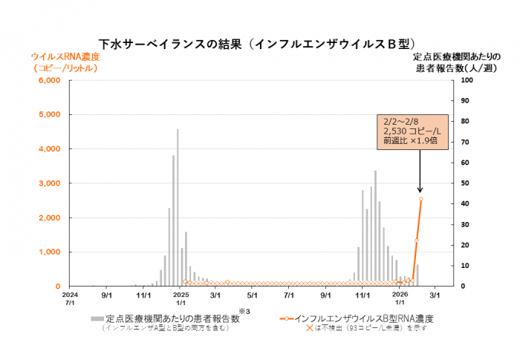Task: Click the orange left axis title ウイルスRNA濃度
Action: pyautogui.click(x=65, y=56)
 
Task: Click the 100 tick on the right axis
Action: pyautogui.click(x=467, y=80)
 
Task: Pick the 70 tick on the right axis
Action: pyautogui.click(x=464, y=142)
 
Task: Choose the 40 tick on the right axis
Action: pyautogui.click(x=464, y=204)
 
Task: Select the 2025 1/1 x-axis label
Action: pyautogui.click(x=181, y=298)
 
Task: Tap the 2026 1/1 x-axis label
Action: pyautogui.click(x=400, y=298)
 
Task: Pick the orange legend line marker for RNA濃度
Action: pyautogui.click(x=290, y=318)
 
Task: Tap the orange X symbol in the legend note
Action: pyautogui.click(x=311, y=328)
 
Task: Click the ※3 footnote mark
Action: pyautogui.click(x=241, y=310)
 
